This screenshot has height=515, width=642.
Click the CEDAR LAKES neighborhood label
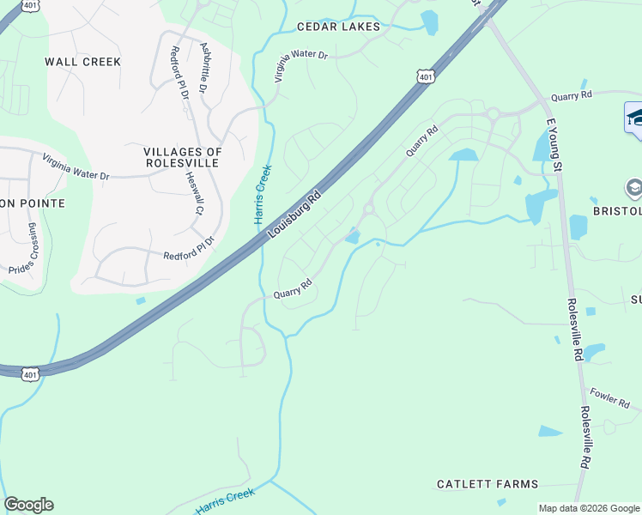(x=338, y=27)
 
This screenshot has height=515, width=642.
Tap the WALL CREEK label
(x=82, y=62)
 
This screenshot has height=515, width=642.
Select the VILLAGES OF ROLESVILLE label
(x=183, y=158)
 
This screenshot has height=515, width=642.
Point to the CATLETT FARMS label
(x=487, y=484)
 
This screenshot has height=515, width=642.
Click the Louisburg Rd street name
(x=294, y=215)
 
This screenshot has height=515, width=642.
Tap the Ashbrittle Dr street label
(x=203, y=68)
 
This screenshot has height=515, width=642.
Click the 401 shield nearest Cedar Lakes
(x=426, y=77)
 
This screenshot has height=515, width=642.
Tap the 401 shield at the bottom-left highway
(x=30, y=374)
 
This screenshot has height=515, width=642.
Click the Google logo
(x=28, y=505)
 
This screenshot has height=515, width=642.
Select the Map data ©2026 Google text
(x=589, y=508)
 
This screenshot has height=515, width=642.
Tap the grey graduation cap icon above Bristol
(x=634, y=188)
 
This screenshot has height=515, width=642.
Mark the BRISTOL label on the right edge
(x=617, y=210)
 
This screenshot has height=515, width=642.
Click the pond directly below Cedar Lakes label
(x=429, y=22)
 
